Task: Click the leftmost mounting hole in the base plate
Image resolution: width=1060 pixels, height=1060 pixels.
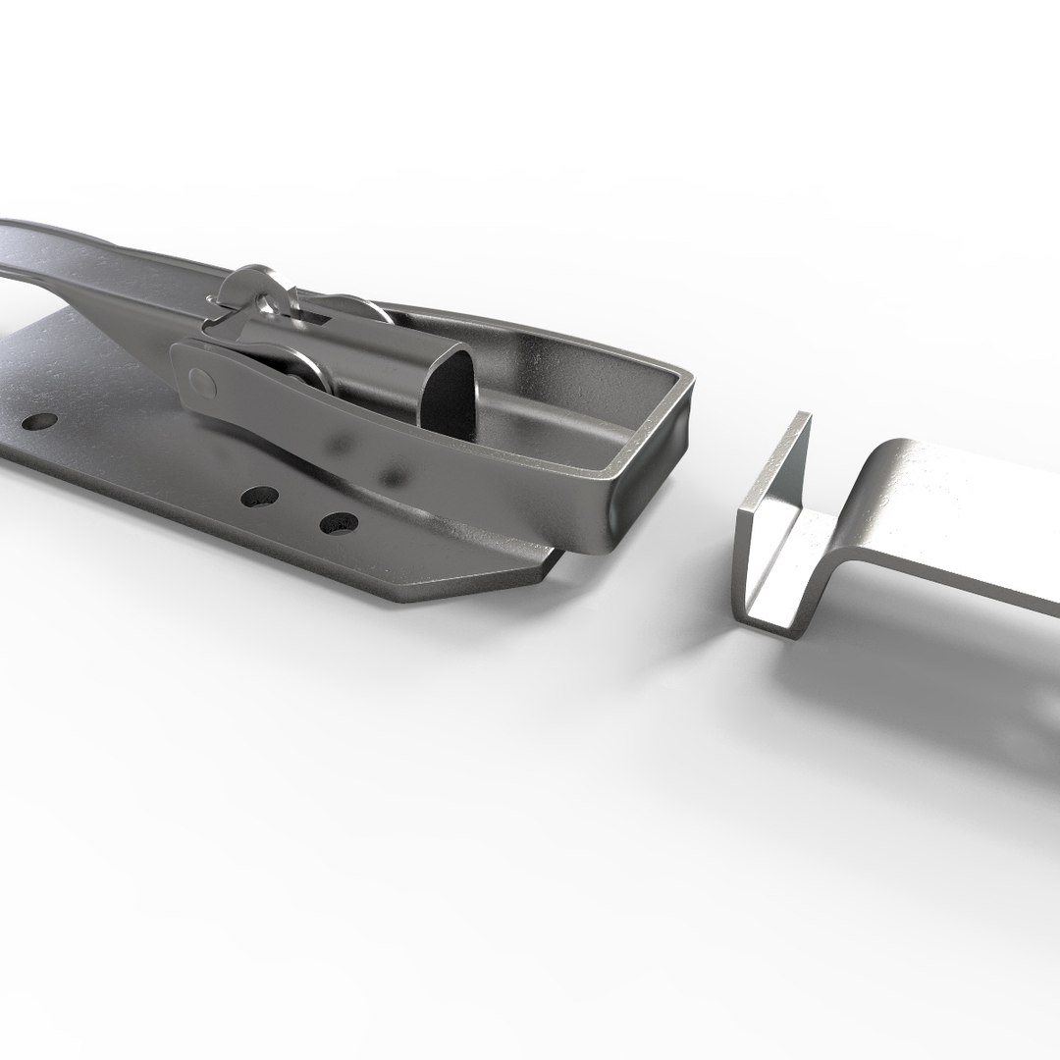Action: (x=39, y=422)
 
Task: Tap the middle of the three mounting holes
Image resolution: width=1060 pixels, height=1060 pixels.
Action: (x=260, y=498)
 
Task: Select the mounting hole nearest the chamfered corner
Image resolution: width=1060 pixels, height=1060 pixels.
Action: (x=337, y=523)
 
